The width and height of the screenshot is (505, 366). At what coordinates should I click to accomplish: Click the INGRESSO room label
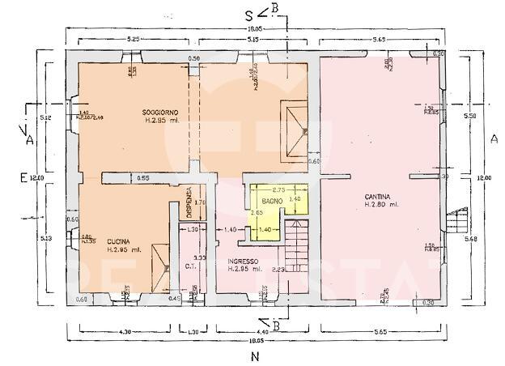pyautogui.click(x=243, y=261)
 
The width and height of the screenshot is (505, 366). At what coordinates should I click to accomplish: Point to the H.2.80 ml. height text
pyautogui.click(x=382, y=205)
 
